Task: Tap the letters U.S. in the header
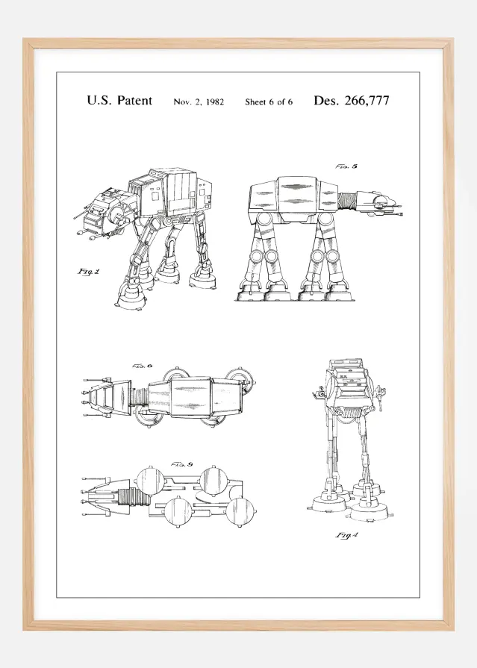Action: click(x=99, y=101)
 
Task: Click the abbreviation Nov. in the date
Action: click(x=182, y=102)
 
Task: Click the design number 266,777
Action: click(x=364, y=101)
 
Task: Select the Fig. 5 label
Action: click(x=345, y=166)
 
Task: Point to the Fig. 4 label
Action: click(x=345, y=534)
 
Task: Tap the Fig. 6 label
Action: click(x=142, y=366)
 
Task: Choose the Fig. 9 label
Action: click(x=182, y=464)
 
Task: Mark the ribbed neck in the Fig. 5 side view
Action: click(x=349, y=200)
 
